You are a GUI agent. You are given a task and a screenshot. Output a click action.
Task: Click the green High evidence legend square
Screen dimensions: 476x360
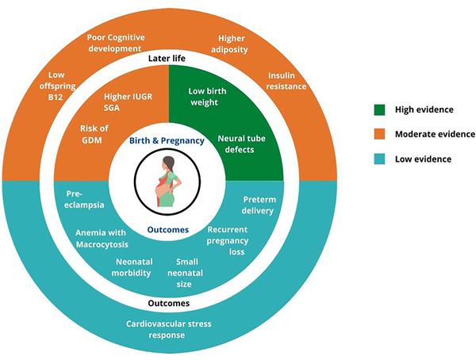click(379, 109)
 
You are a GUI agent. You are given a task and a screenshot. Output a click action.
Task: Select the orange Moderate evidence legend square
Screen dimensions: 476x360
click(379, 134)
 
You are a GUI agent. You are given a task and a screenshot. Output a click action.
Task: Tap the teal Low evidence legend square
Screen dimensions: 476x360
click(379, 159)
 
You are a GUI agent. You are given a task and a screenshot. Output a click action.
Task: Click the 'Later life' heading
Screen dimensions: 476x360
click(167, 58)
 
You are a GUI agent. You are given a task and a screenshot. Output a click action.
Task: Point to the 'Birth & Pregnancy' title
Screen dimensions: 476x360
click(167, 141)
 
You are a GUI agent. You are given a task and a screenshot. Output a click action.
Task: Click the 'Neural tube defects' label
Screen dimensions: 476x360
click(241, 144)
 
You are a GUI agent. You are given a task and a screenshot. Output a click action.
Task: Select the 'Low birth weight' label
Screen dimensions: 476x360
click(207, 97)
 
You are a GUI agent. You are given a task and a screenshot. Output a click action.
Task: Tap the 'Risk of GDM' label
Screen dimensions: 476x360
click(94, 134)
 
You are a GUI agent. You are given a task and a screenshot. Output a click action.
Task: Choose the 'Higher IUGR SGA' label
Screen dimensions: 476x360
click(128, 102)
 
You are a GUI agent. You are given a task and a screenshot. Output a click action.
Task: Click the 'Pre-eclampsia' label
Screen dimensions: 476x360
click(84, 199)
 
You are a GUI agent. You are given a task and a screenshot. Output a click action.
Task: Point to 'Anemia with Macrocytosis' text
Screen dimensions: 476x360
click(102, 239)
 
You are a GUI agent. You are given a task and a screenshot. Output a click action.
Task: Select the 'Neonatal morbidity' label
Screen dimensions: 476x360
click(132, 267)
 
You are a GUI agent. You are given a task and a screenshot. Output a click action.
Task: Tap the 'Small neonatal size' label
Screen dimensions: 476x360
click(185, 273)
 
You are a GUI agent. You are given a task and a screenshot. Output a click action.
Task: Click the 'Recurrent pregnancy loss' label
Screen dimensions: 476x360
click(228, 241)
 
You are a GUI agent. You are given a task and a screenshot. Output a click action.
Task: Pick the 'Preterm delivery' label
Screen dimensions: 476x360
click(259, 205)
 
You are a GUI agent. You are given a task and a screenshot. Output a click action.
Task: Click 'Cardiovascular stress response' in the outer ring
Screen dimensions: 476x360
click(168, 329)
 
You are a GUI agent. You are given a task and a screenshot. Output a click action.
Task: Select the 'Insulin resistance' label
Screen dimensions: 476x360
click(286, 81)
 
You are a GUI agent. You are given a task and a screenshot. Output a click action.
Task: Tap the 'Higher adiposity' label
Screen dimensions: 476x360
click(230, 44)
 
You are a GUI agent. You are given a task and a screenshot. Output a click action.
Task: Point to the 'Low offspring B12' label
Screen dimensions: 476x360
click(57, 86)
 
